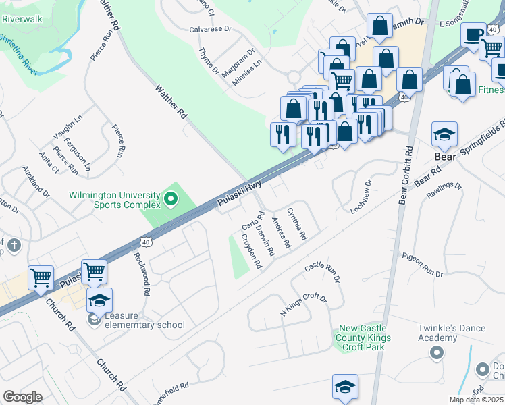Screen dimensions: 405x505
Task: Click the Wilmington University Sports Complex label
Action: tap(115, 200)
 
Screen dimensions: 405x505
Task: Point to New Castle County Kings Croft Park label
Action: tap(362, 337)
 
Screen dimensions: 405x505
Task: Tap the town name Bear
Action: tap(446, 156)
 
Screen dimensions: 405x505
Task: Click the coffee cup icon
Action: tap(475, 33)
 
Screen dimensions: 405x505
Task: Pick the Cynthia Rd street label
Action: tap(297, 224)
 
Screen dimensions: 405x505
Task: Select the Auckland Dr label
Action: tap(36, 182)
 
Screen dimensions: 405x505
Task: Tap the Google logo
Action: tap(22, 396)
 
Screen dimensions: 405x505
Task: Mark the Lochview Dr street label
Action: tap(361, 196)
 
